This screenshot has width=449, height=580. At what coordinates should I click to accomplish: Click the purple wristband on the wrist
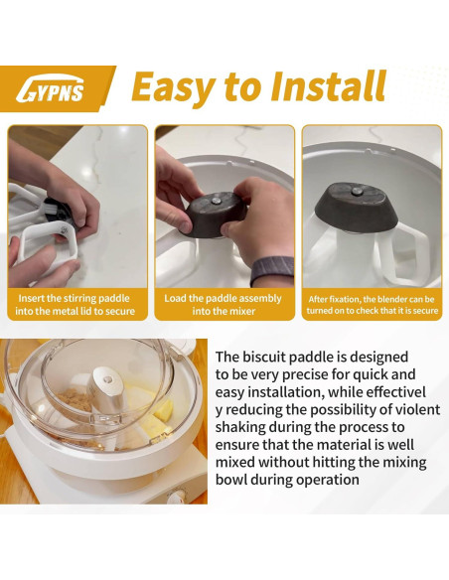[x=272, y=270]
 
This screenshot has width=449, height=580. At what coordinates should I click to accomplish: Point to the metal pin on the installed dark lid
[x=357, y=192]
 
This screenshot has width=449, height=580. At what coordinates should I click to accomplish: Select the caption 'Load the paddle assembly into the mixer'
[x=224, y=305]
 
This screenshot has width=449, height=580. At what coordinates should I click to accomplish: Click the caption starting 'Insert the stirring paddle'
[x=75, y=305]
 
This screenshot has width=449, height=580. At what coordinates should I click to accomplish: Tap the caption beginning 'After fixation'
[x=373, y=305]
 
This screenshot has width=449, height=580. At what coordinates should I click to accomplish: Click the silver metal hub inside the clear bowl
[x=105, y=391]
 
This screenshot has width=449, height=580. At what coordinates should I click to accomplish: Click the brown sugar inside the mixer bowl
[x=75, y=400]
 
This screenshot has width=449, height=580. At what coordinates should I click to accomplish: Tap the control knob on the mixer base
[x=177, y=496]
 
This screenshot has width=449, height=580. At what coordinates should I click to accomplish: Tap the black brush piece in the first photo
[x=58, y=210]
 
